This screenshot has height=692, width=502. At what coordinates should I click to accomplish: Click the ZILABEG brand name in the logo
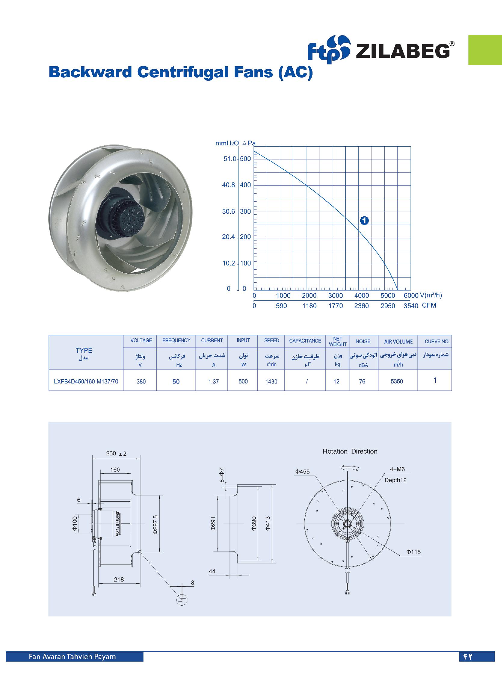click(403, 51)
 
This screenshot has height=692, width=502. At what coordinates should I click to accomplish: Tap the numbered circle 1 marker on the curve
click(364, 220)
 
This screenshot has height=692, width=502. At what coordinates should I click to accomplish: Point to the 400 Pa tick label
click(245, 185)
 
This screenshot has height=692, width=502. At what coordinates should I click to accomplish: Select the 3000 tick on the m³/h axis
click(335, 295)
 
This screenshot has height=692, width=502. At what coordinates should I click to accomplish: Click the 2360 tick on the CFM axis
click(362, 306)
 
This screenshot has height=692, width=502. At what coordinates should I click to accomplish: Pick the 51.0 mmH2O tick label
click(229, 159)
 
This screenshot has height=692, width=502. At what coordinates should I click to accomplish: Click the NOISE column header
click(363, 341)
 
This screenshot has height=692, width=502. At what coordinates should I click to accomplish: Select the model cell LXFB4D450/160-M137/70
click(86, 381)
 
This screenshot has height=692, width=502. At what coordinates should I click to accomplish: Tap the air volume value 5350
click(397, 381)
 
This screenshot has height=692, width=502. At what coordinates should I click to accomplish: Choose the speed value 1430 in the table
click(271, 381)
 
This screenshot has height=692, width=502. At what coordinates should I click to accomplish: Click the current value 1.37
click(213, 381)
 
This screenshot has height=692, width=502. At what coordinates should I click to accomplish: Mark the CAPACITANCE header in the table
click(305, 341)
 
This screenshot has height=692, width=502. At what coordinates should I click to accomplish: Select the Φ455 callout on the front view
click(302, 472)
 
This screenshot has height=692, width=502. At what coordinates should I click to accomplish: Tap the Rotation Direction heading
click(350, 451)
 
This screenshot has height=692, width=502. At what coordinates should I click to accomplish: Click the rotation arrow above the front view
click(350, 468)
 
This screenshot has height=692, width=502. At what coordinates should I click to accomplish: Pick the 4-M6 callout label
click(397, 470)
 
